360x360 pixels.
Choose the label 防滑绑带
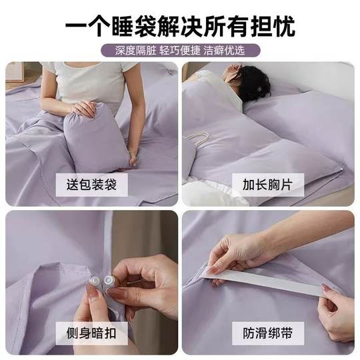[268, 331]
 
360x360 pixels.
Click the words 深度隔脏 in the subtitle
[130, 50]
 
